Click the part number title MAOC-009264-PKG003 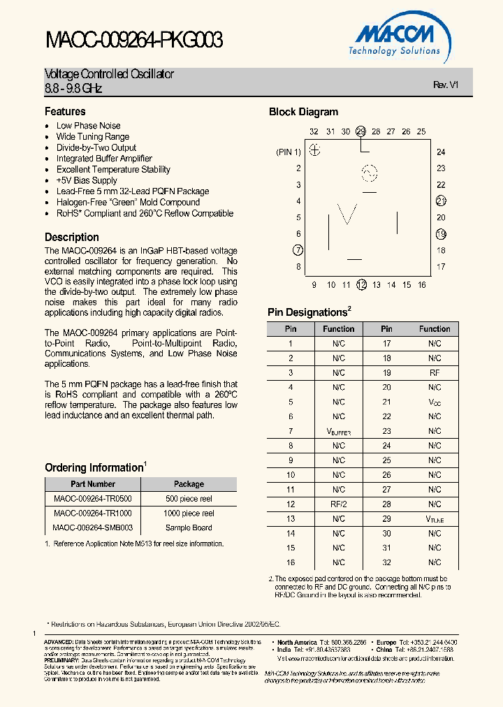[x=134, y=41]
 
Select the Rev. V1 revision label [x=445, y=85]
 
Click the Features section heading [x=65, y=112]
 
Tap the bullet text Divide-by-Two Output [x=96, y=147]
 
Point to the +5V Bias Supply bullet [x=87, y=180]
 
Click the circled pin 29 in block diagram [x=360, y=131]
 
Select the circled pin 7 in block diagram [x=298, y=250]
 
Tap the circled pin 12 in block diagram [x=361, y=284]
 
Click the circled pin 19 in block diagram [x=441, y=234]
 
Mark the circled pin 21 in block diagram [x=441, y=201]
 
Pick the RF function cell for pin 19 [x=435, y=373]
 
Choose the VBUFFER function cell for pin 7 [x=339, y=432]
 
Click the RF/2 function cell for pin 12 [x=339, y=504]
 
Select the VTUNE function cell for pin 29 [x=435, y=519]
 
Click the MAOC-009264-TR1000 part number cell [x=93, y=513]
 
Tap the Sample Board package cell [x=189, y=528]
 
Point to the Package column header [x=189, y=484]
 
